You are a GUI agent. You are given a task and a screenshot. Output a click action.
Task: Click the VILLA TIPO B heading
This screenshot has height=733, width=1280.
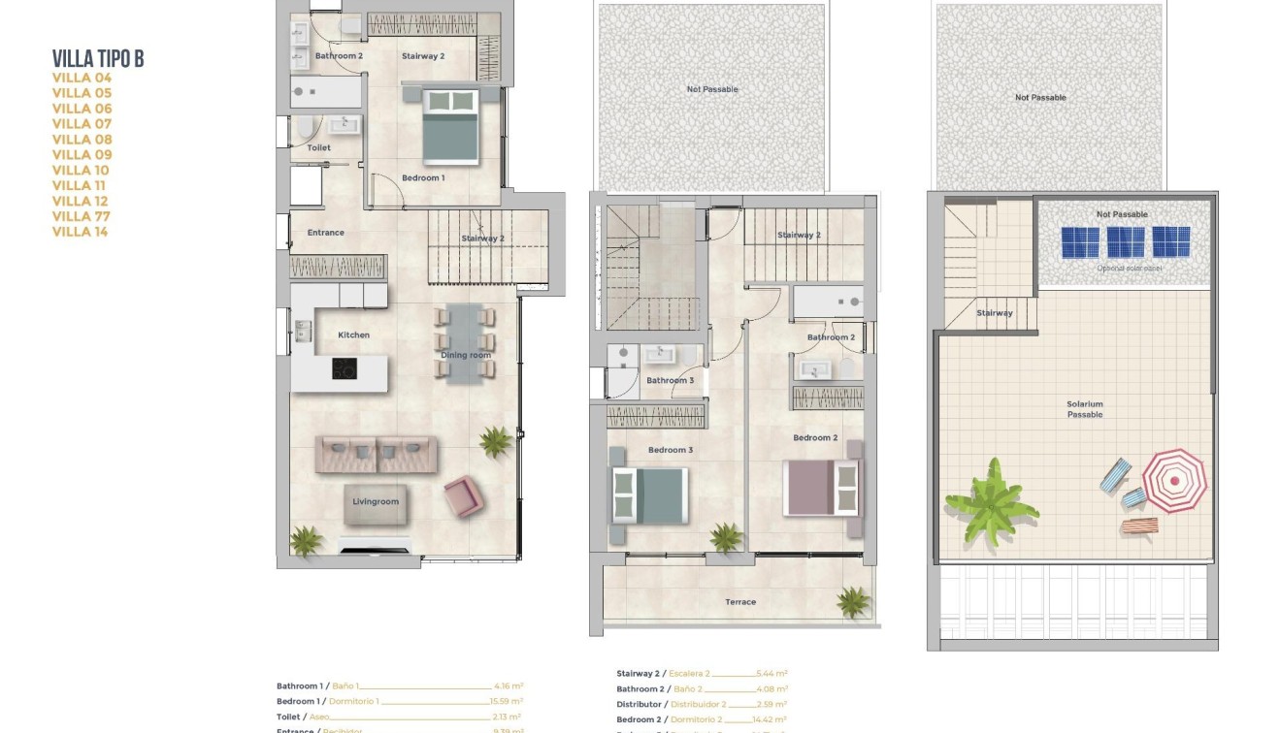tap(98, 59)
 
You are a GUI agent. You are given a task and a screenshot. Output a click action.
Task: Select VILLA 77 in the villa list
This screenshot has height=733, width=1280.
tap(82, 216)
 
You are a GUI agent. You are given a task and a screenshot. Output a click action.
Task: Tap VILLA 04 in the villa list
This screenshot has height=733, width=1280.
tap(82, 78)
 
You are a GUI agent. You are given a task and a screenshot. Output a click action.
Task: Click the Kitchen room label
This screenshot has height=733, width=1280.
tap(353, 335)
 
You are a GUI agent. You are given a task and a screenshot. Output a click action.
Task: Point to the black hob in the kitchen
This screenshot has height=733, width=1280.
tap(345, 368)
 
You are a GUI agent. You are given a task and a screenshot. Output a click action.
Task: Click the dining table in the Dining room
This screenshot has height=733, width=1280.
tap(466, 341)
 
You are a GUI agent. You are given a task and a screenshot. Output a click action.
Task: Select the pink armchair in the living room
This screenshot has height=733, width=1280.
tap(462, 495)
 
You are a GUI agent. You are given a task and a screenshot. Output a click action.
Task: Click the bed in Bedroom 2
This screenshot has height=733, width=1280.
tap(822, 488)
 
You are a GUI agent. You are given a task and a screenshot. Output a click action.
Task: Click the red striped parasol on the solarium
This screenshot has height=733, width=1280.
tap(1174, 480)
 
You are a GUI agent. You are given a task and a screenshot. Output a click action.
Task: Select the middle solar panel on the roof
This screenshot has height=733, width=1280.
tap(1126, 242)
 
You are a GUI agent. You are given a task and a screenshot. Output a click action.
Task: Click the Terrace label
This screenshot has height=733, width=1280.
tap(740, 602)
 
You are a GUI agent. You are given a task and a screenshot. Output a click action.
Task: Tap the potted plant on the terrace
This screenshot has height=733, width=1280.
tap(853, 601)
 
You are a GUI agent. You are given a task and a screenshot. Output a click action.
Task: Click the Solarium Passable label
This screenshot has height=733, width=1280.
tap(1085, 409)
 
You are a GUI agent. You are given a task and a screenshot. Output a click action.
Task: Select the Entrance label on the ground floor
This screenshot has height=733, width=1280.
tap(326, 233)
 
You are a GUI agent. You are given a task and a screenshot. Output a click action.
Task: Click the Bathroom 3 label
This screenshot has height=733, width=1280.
tap(670, 380)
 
